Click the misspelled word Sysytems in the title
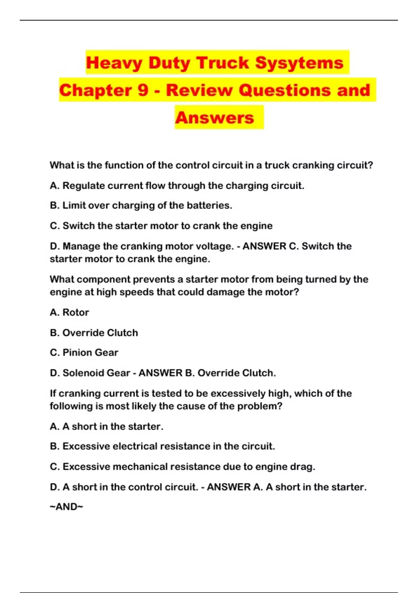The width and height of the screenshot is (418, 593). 299,63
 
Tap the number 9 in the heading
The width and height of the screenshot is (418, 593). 143,90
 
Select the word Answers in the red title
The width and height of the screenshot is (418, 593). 215,118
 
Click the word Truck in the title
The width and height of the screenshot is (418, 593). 223,63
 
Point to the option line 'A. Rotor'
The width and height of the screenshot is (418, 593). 69,312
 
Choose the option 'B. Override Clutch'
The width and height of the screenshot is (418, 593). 94,332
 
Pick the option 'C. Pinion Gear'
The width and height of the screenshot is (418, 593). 84,353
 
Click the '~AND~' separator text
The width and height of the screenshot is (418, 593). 67,506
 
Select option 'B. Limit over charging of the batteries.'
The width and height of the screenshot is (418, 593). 141,205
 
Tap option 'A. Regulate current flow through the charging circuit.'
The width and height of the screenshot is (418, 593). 177,186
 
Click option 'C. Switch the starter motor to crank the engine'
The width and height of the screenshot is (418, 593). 161,226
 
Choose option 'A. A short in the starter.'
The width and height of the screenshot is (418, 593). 106,426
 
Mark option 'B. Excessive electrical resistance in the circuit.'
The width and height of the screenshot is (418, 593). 162,446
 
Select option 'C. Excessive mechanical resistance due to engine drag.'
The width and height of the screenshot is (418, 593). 182,466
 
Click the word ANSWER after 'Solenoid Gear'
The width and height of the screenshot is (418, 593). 160,373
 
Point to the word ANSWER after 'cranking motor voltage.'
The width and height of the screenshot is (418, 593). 264,246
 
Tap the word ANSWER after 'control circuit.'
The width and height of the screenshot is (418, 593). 229,487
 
